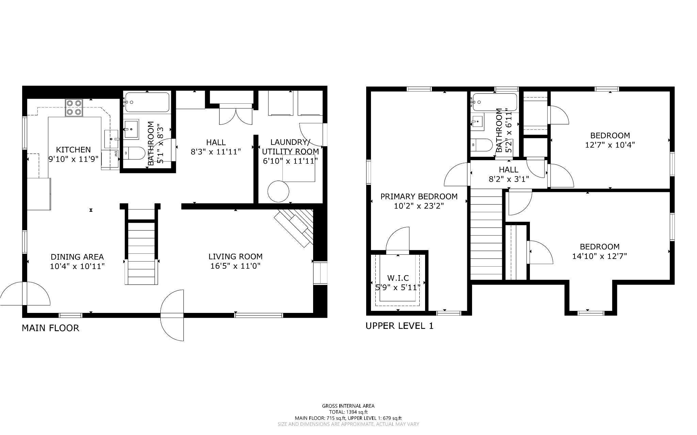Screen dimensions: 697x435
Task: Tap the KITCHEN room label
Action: tap(74, 150)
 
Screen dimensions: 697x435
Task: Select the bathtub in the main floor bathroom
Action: tap(147, 102)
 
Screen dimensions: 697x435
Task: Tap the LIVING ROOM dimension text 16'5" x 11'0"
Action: tap(236, 266)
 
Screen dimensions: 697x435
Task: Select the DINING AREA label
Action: tap(77, 257)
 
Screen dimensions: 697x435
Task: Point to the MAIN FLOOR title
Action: tap(50, 328)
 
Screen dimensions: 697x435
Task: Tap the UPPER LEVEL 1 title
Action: tap(400, 326)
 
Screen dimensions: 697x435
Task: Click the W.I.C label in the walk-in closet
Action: tap(398, 278)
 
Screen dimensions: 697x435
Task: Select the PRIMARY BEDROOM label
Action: tap(419, 197)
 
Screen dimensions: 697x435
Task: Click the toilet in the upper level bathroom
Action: tap(482, 145)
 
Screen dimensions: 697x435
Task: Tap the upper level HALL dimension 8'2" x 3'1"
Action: tap(509, 179)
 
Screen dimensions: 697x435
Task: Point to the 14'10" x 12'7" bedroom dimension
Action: tap(600, 256)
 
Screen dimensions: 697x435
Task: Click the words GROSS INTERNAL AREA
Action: tap(348, 406)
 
